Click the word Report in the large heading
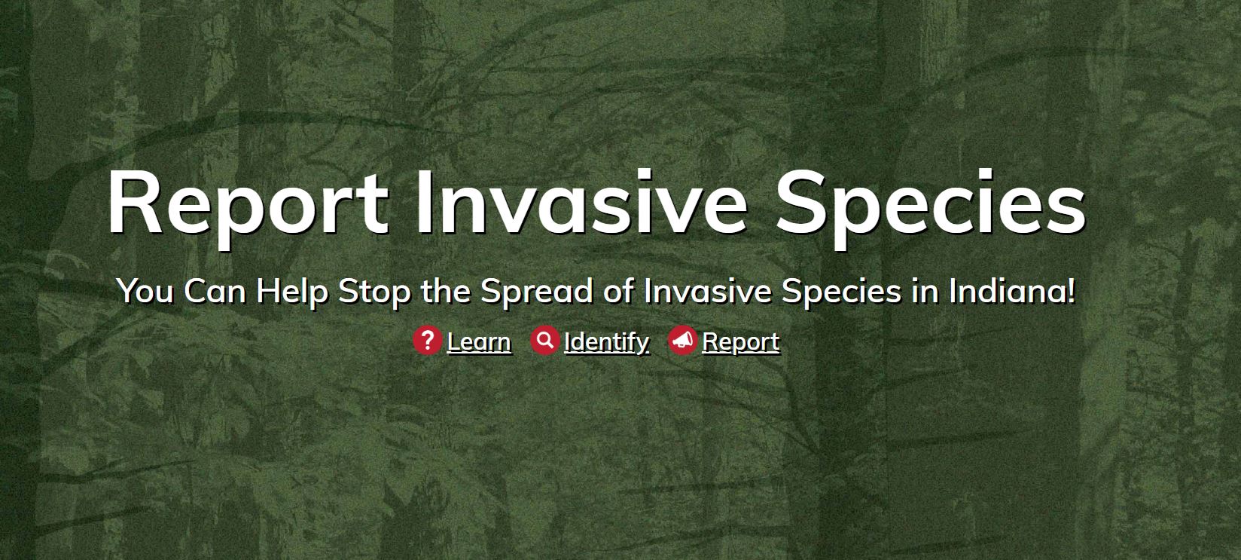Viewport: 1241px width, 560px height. pyautogui.click(x=248, y=206)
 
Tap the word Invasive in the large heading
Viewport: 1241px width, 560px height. pyautogui.click(x=582, y=202)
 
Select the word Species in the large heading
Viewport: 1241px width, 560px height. pyautogui.click(x=931, y=206)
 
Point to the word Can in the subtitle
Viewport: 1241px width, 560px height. pyautogui.click(x=215, y=290)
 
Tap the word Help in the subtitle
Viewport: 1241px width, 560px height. pyautogui.click(x=292, y=292)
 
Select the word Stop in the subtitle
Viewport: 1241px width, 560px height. pyautogui.click(x=374, y=292)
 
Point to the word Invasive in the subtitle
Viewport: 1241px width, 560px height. pyautogui.click(x=708, y=290)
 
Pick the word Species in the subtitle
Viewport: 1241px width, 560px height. pyautogui.click(x=841, y=292)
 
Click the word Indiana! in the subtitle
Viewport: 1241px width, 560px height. pyautogui.click(x=1012, y=290)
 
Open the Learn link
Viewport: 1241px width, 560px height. pyautogui.click(x=479, y=341)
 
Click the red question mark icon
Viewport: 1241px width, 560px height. pyautogui.click(x=427, y=341)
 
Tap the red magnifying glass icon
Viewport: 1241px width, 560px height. pyautogui.click(x=544, y=341)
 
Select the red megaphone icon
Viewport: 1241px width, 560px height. pyautogui.click(x=682, y=341)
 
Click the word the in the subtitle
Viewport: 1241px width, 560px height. pyautogui.click(x=446, y=290)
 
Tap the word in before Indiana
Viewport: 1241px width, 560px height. pyautogui.click(x=925, y=290)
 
